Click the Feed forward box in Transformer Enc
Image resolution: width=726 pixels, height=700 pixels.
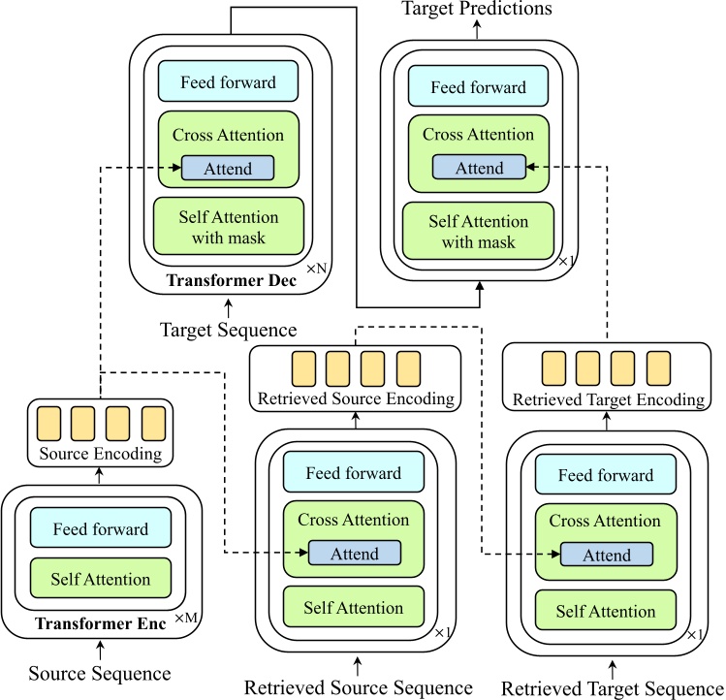coord(101,528)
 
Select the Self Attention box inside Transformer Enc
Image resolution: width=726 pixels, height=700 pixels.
coord(101,579)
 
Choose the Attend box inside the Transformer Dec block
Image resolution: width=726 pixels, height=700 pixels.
coord(228,169)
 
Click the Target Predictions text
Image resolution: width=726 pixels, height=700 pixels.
coord(478,9)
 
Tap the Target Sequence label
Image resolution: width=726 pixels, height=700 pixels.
coord(228,331)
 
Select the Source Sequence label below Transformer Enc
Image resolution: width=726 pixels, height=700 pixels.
coord(100,673)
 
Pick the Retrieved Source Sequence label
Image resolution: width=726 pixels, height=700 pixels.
coord(358,688)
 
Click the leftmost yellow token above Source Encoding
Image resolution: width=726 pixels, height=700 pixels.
coord(48,424)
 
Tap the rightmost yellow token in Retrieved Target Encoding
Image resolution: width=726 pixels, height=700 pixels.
coord(658,369)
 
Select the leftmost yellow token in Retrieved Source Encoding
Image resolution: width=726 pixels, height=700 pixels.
coord(303,369)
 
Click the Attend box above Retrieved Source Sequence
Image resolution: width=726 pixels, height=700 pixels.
coord(354,555)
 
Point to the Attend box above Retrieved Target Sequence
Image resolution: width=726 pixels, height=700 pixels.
coord(606,556)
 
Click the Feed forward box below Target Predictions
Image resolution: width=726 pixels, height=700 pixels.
coord(478,86)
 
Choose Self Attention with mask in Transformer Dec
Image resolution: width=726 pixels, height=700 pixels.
coord(229,227)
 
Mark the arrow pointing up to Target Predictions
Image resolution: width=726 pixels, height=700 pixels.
coord(478,28)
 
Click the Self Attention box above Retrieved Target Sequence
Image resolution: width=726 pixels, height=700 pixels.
coord(606,612)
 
